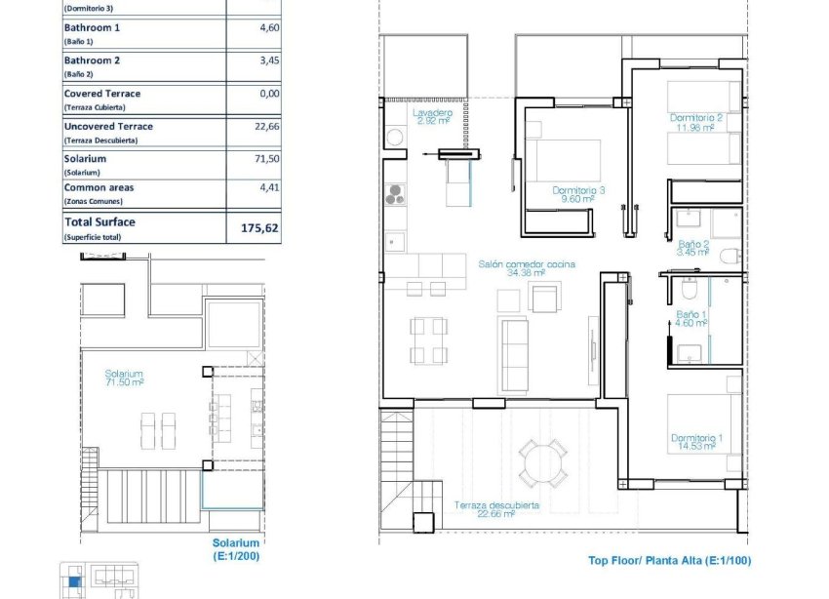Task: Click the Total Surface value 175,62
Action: pyautogui.click(x=259, y=229)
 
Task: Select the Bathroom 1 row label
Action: pyautogui.click(x=92, y=28)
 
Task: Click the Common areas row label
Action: pyautogui.click(x=99, y=187)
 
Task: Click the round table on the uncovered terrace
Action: pyautogui.click(x=541, y=462)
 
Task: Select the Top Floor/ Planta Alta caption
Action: pyautogui.click(x=669, y=561)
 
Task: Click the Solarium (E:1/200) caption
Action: pyautogui.click(x=236, y=549)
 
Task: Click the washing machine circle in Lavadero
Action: pyautogui.click(x=394, y=139)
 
